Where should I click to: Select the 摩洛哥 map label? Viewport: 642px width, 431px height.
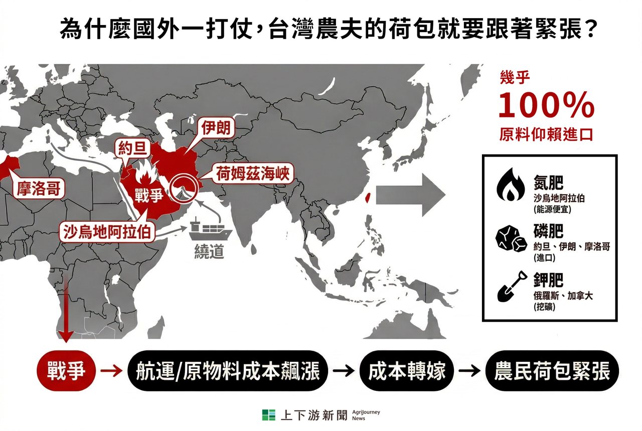38,189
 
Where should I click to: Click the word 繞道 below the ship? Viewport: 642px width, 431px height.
209,252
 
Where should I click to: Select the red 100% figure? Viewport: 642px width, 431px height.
546,106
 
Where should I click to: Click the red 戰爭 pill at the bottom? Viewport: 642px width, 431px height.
65,371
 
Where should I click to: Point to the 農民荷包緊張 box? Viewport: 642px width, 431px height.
552,371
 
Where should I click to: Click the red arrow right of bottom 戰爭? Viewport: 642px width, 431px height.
111,371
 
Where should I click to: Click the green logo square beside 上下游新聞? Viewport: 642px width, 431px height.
268,415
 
